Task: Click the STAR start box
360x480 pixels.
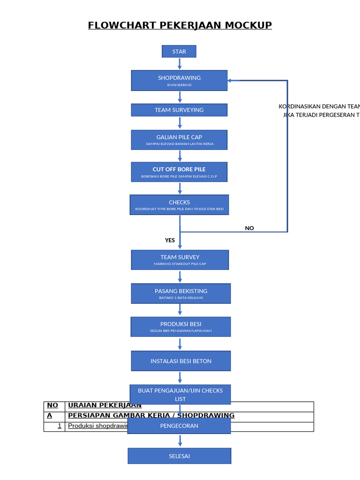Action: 179,52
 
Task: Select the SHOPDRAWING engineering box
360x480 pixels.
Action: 179,80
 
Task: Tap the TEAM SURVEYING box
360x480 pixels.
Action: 179,110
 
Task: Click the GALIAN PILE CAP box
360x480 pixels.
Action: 179,140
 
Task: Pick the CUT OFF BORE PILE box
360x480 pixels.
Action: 179,172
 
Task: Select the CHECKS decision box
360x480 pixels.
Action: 179,205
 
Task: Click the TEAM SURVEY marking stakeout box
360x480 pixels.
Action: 180,260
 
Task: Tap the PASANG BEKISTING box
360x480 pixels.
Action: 181,293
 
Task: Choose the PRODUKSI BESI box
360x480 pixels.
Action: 180,327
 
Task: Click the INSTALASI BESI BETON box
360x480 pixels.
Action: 181,361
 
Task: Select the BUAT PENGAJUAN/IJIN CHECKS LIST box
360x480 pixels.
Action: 180,394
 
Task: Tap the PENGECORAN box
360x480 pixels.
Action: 179,426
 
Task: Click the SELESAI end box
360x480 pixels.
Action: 179,456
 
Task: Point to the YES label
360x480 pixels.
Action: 170,240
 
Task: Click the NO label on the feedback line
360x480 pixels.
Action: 249,228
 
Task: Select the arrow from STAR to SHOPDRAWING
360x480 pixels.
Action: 179,64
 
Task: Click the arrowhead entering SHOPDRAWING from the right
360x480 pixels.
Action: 230,81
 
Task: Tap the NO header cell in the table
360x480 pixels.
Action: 53,405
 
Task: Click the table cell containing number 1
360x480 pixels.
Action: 54,426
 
